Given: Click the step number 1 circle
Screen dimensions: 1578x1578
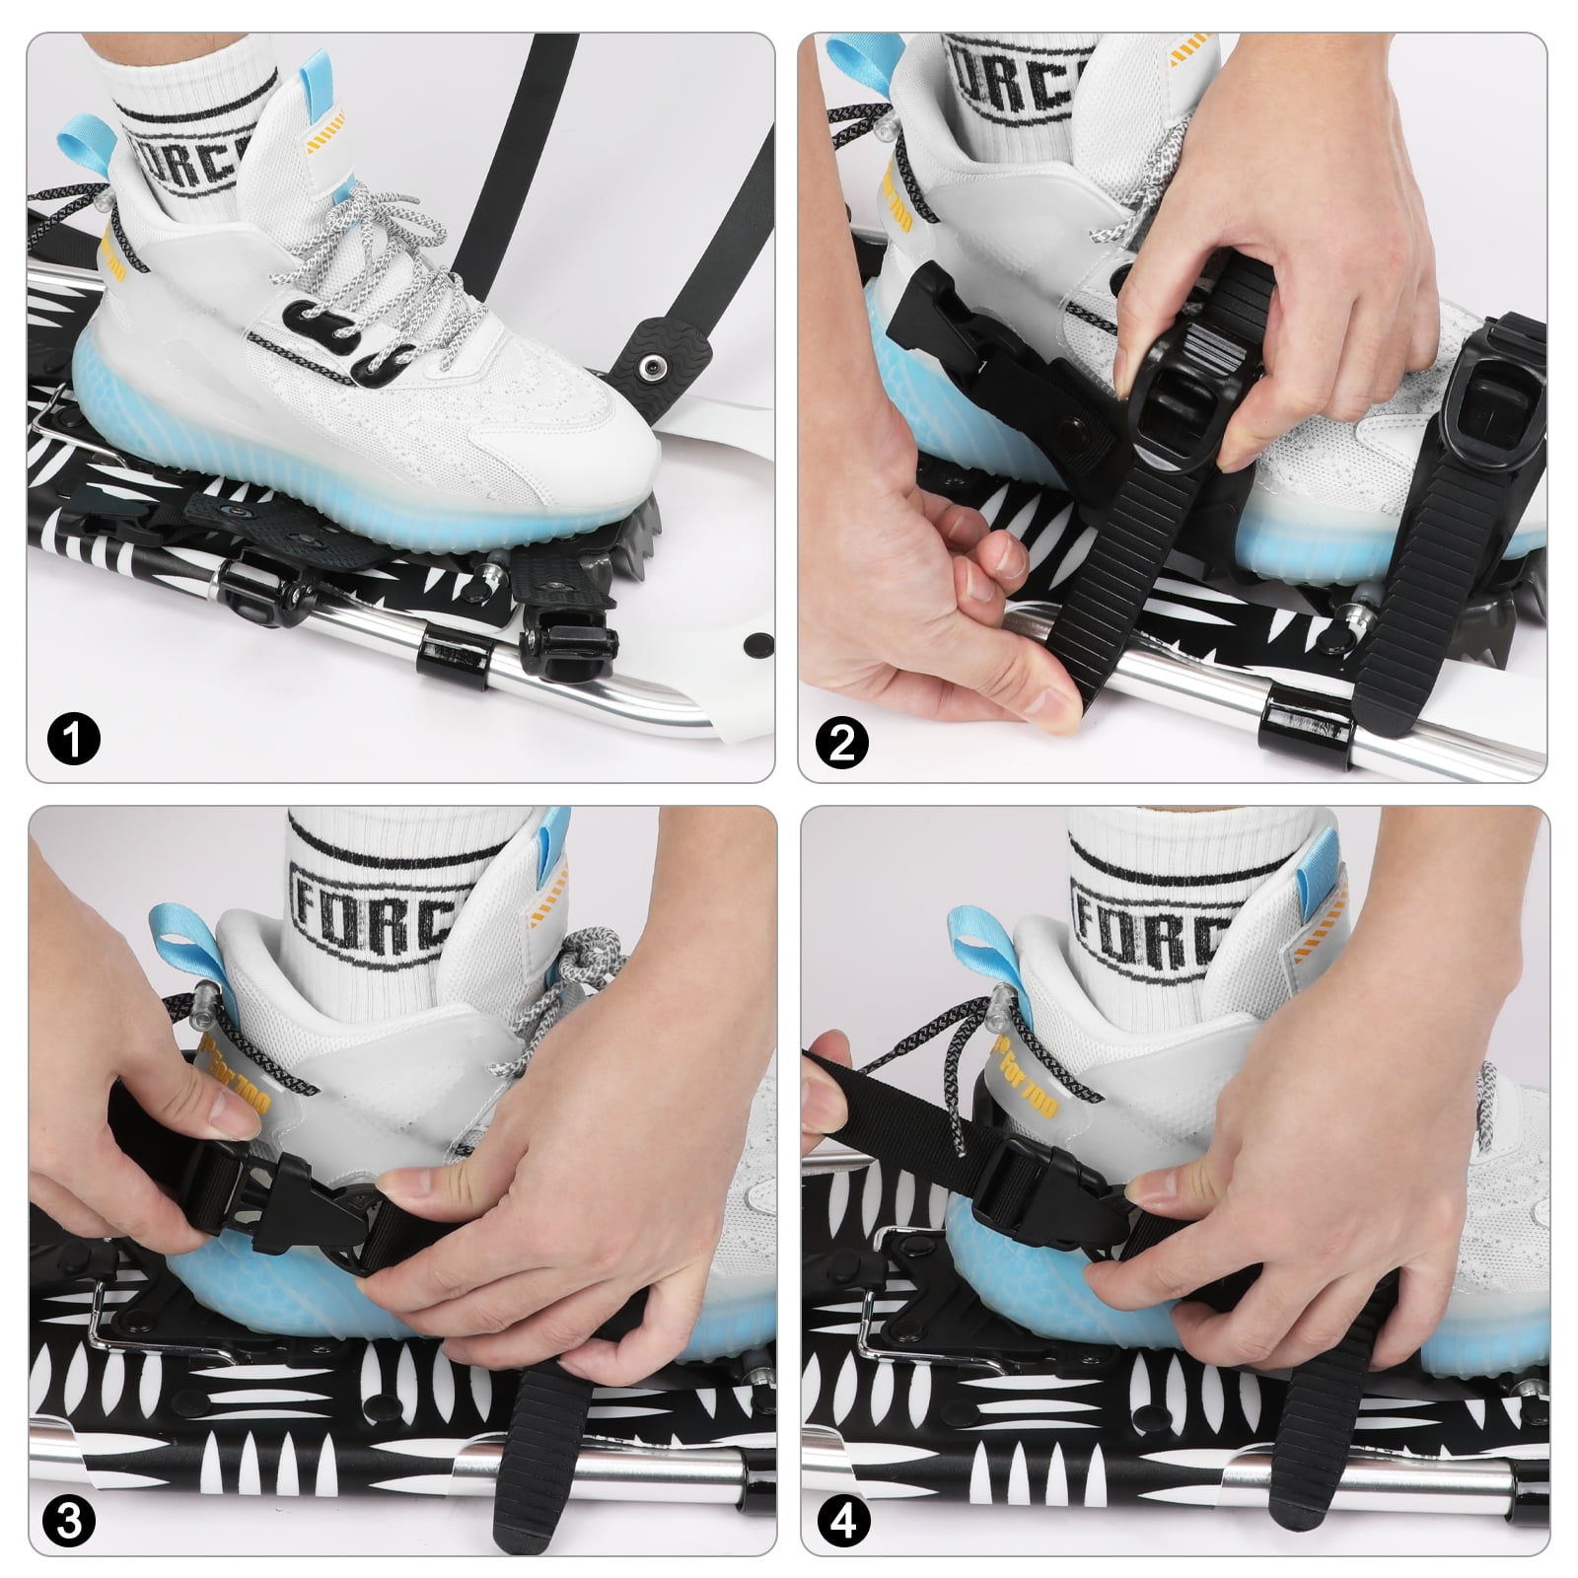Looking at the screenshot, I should click(x=74, y=737).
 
